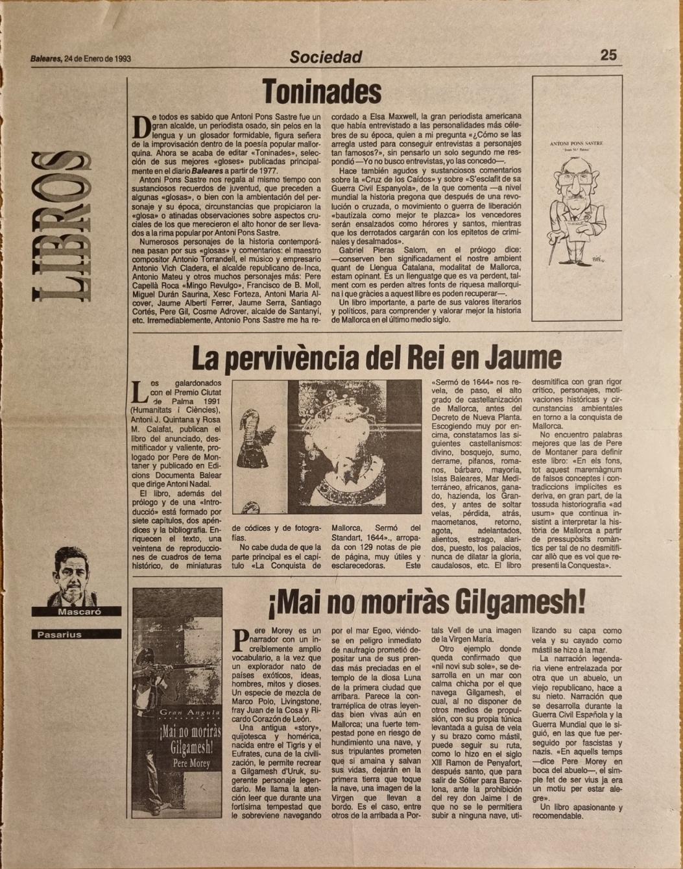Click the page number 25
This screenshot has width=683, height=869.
tap(608, 55)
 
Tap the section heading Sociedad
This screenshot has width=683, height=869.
tap(326, 57)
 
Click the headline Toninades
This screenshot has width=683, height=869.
tap(322, 92)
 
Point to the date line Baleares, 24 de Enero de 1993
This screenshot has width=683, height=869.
tap(80, 58)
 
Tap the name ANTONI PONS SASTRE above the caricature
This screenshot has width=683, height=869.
tap(576, 143)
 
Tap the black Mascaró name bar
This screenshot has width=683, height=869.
tap(77, 611)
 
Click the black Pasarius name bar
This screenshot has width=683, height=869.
tap(77, 634)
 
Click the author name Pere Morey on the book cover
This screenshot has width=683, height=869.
tap(178, 764)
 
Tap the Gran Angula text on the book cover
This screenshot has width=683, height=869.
tap(178, 713)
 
